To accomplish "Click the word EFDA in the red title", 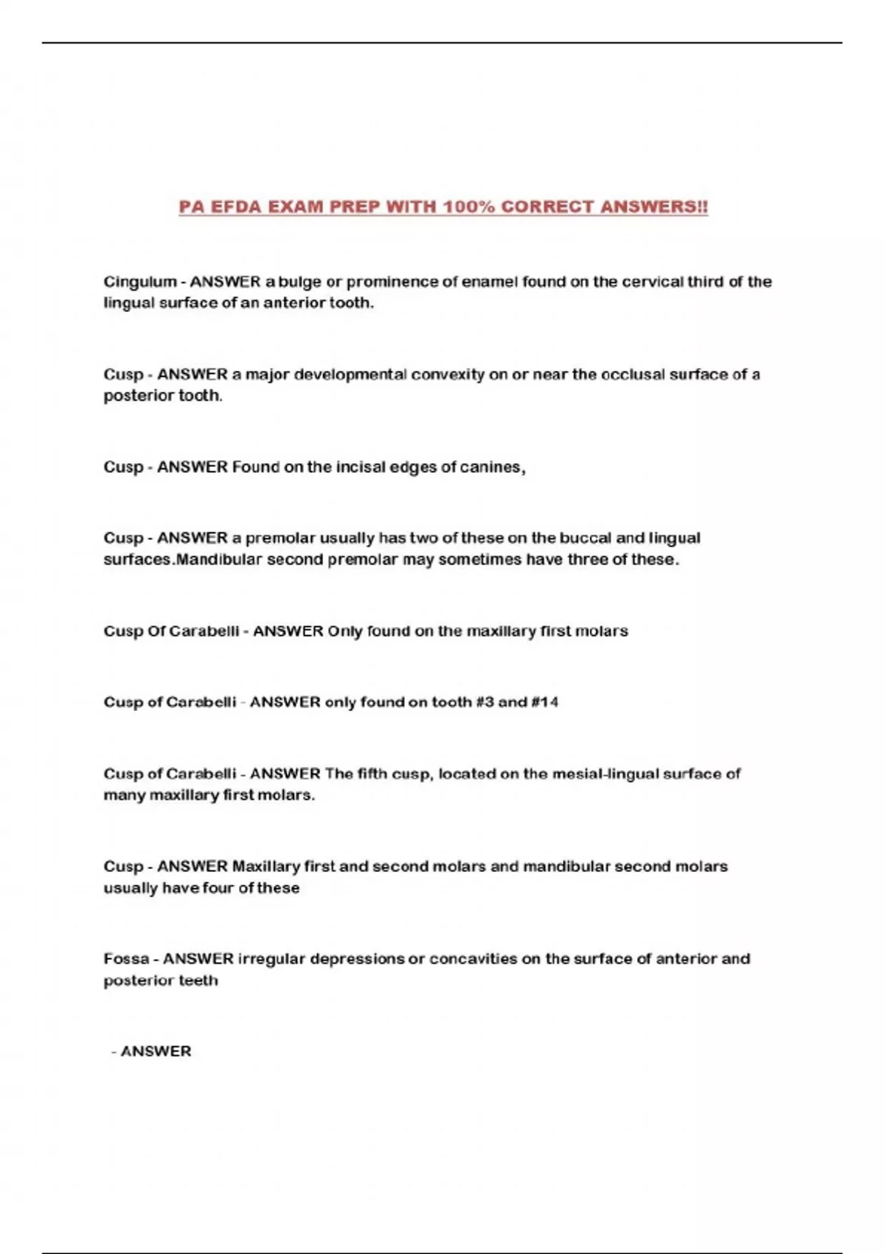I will [235, 207].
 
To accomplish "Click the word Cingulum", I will [140, 282].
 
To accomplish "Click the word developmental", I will [350, 375].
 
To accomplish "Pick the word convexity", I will [448, 375].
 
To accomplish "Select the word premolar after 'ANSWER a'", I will [277, 538].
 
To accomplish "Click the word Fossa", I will [125, 959].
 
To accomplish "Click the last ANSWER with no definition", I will [156, 1052].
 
